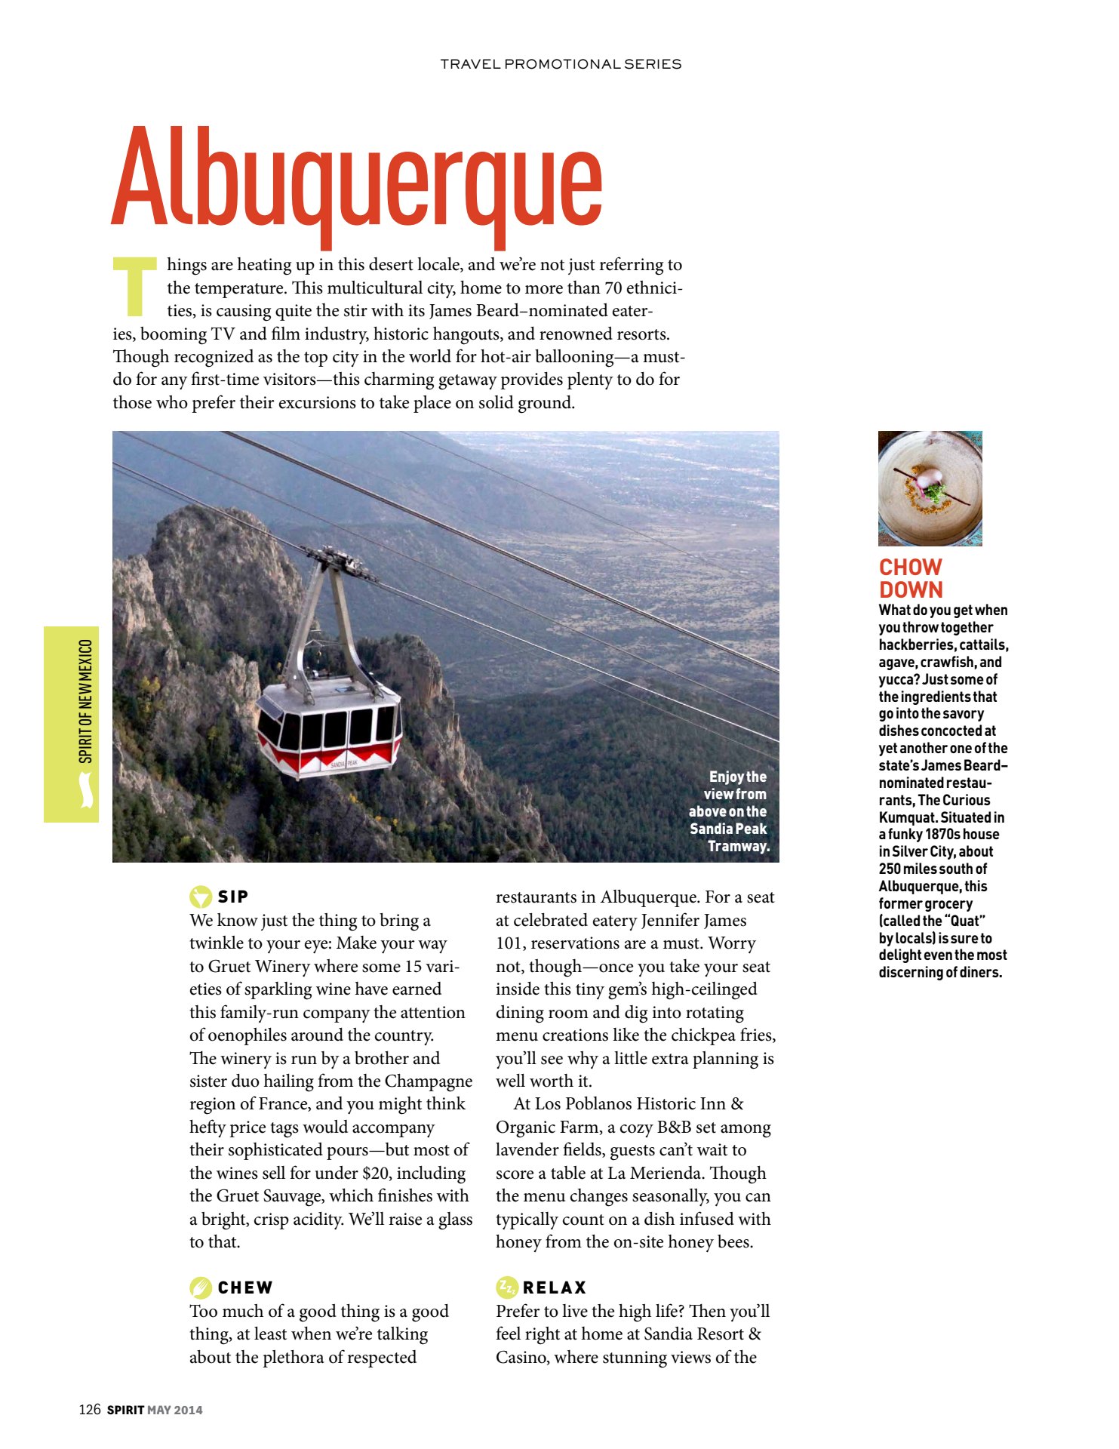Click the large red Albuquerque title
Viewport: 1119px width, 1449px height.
(x=357, y=181)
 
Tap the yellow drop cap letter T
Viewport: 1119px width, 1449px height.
(x=135, y=286)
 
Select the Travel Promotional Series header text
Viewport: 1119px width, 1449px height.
(x=561, y=64)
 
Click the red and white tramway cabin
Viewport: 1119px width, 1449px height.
(x=329, y=728)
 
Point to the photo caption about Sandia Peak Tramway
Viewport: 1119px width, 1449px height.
(x=728, y=811)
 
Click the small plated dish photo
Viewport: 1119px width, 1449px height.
(x=930, y=488)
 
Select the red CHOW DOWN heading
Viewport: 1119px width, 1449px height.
(x=911, y=578)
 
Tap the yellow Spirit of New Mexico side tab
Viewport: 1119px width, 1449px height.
(x=72, y=724)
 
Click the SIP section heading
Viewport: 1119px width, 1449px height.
(x=233, y=897)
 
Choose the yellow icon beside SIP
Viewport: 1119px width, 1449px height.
(x=200, y=897)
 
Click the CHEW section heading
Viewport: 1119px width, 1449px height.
(x=245, y=1287)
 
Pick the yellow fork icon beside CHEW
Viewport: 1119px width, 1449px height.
(x=200, y=1287)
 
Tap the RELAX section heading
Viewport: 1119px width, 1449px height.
(x=555, y=1287)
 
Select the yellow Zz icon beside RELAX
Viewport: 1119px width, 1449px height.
(x=506, y=1287)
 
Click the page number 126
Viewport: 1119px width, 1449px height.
(x=90, y=1410)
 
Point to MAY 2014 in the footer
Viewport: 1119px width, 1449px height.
(x=175, y=1410)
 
